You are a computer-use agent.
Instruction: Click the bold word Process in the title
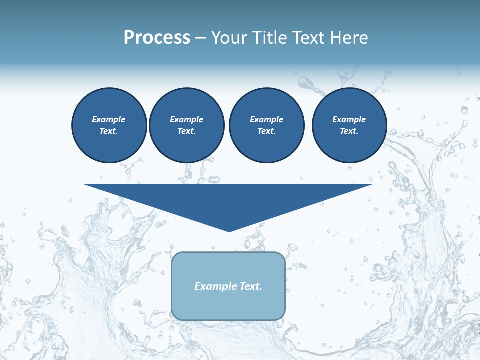pyautogui.click(x=157, y=38)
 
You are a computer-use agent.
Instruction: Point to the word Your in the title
pyautogui.click(x=230, y=38)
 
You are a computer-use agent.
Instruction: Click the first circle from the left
pyautogui.click(x=109, y=125)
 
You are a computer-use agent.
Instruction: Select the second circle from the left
pyautogui.click(x=186, y=125)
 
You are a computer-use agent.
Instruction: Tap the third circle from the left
pyautogui.click(x=266, y=125)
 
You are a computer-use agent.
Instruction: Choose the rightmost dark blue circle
pyautogui.click(x=349, y=125)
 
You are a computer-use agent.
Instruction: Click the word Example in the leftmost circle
pyautogui.click(x=109, y=119)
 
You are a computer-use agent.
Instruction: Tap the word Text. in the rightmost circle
pyautogui.click(x=349, y=131)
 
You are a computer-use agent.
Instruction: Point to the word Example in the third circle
pyautogui.click(x=266, y=119)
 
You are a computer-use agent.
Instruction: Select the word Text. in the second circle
pyautogui.click(x=186, y=131)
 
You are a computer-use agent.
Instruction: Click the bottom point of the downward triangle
pyautogui.click(x=229, y=230)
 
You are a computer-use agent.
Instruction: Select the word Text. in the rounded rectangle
pyautogui.click(x=251, y=286)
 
